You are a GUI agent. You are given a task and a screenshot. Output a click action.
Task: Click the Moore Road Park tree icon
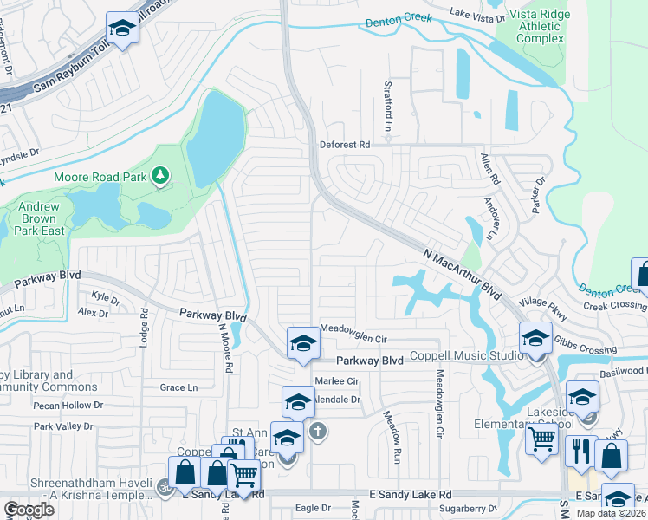click(x=159, y=177)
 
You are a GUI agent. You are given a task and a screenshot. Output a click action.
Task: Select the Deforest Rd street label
click(x=344, y=145)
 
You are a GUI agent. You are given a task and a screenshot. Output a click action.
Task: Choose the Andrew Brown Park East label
click(x=40, y=219)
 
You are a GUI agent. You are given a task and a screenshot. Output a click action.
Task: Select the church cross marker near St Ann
click(x=318, y=430)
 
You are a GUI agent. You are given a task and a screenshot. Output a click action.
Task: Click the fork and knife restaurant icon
click(x=579, y=452)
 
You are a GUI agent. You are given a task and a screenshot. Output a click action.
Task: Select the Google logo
click(x=29, y=510)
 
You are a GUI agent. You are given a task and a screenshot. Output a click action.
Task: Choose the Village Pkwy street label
click(x=545, y=302)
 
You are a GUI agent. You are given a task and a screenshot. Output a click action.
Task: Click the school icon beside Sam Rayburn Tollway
click(x=122, y=29)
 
